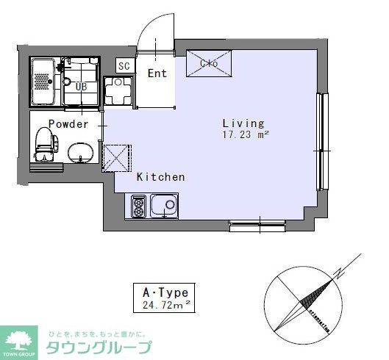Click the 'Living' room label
pyautogui.click(x=243, y=123)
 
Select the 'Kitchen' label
pyautogui.click(x=160, y=177)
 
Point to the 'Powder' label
pyautogui.click(x=68, y=124)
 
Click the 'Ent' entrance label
pyautogui.click(x=157, y=73)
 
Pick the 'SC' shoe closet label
pyautogui.click(x=124, y=65)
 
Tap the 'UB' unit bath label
pyautogui.click(x=82, y=87)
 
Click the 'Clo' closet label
pyautogui.click(x=210, y=63)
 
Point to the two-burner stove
pyautogui.click(x=139, y=206)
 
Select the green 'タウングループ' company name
pyautogui.click(x=99, y=348)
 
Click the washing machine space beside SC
pyautogui.click(x=117, y=92)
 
